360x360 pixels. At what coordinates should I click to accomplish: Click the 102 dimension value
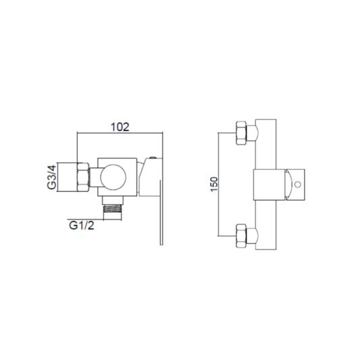click(x=120, y=127)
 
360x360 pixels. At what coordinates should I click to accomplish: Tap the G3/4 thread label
click(x=51, y=177)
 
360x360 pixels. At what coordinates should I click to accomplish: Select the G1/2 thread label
click(x=82, y=225)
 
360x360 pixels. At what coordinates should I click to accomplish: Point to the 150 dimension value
click(x=213, y=184)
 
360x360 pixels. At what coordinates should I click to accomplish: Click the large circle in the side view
click(x=113, y=177)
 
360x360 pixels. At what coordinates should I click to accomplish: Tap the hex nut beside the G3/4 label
click(x=83, y=177)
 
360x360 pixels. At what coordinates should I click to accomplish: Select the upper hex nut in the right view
click(x=241, y=133)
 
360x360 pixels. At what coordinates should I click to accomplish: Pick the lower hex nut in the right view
click(x=241, y=236)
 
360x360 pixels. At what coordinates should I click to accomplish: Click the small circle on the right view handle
click(x=298, y=184)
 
